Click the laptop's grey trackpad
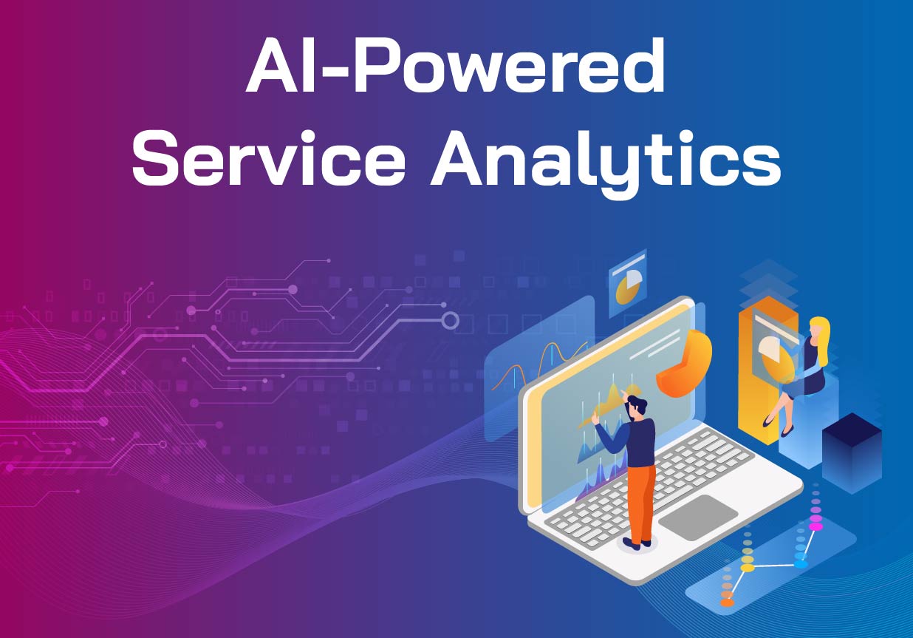(x=698, y=517)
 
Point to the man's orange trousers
(x=642, y=503)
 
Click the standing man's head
(x=636, y=408)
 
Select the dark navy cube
(x=852, y=452)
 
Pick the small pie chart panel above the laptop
(x=628, y=283)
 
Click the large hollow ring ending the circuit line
(x=450, y=321)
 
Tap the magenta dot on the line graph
(x=815, y=526)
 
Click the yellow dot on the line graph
(x=747, y=568)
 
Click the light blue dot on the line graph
(x=801, y=564)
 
